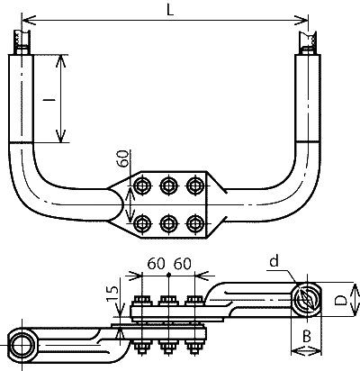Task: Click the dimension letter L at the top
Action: [x=170, y=10]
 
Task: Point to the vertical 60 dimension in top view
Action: [x=123, y=158]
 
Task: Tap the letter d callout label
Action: [x=274, y=261]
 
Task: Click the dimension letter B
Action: [x=306, y=337]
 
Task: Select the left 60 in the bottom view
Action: [x=156, y=264]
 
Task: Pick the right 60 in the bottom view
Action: [x=183, y=264]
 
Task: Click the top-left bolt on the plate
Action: [x=142, y=185]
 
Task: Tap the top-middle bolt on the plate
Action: [x=169, y=185]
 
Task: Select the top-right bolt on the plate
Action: [x=195, y=185]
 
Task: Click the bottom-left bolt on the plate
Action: [x=142, y=223]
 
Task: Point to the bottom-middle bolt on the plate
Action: [x=169, y=223]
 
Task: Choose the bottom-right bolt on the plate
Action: [x=195, y=223]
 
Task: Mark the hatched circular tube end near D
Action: [x=306, y=300]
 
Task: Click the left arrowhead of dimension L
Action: [x=30, y=20]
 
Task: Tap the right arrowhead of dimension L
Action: [x=301, y=20]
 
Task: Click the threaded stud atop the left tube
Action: [x=22, y=41]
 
